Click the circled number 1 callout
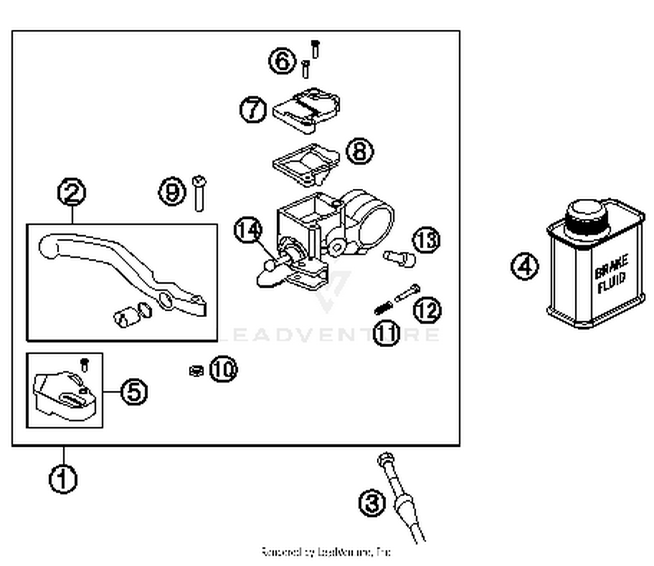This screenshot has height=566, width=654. (63, 479)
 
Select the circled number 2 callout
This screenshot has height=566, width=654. (72, 192)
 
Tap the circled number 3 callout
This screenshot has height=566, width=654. (372, 503)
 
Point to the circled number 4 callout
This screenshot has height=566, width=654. (525, 266)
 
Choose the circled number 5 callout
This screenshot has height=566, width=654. (134, 391)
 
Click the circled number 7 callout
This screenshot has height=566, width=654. (253, 109)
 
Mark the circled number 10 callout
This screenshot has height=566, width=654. (223, 369)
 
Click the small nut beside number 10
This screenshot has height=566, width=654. (196, 371)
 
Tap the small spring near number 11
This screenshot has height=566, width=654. (383, 308)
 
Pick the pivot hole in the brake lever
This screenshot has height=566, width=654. (166, 300)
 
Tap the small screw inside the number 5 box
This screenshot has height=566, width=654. (85, 364)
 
